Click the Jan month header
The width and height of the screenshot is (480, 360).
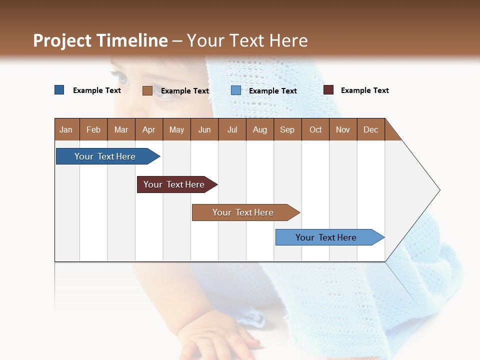click(66, 129)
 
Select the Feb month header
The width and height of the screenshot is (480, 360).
click(93, 129)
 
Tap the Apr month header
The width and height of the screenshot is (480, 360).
click(148, 129)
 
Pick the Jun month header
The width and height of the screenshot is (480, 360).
click(204, 129)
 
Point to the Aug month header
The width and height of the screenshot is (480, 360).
click(259, 129)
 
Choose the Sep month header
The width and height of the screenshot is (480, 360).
click(287, 129)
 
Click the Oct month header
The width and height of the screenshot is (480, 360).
click(315, 129)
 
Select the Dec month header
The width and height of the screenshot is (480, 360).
click(370, 129)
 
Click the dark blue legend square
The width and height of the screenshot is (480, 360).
click(59, 90)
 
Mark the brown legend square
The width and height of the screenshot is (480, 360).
click(147, 90)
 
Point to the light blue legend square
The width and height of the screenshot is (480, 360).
click(236, 90)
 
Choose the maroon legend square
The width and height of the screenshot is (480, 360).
click(328, 90)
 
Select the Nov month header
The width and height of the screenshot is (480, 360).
click(343, 129)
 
